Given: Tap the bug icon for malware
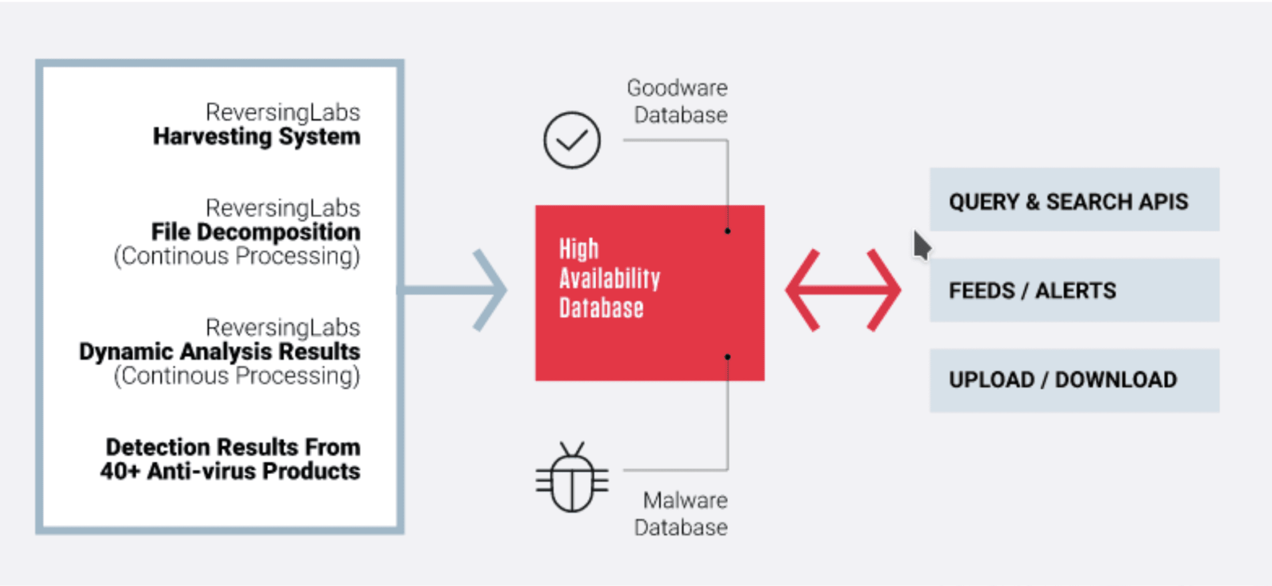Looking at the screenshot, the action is (x=572, y=477).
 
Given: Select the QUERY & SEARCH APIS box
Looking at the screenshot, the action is (x=1074, y=199).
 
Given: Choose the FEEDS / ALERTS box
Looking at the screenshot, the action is (x=1074, y=290).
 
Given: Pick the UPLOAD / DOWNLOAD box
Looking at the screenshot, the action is (x=1074, y=380).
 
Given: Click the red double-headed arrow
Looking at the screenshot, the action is (x=843, y=290).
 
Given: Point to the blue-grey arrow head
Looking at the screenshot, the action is (x=491, y=290).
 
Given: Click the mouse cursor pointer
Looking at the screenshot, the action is (x=921, y=245).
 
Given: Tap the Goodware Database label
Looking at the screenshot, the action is (x=678, y=101).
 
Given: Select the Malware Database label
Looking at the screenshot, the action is (x=681, y=514).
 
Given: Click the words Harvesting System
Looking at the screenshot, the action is (x=257, y=137).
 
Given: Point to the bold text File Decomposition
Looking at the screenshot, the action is (x=256, y=232).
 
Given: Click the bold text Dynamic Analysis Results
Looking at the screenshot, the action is (x=219, y=352).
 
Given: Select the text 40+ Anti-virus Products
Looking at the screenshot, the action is (x=230, y=471).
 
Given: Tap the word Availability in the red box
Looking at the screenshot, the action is (x=609, y=278).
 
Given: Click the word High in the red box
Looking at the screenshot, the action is (x=579, y=249).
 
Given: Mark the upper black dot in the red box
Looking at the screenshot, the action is (x=727, y=231).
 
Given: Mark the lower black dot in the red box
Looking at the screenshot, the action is (x=727, y=357).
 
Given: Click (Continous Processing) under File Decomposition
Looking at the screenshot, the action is (x=237, y=257).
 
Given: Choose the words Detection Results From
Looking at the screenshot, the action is (x=233, y=447).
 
